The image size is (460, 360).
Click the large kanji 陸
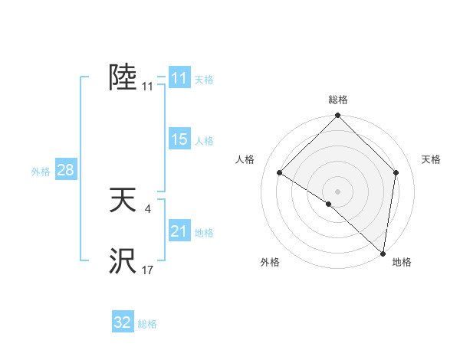[x=123, y=77]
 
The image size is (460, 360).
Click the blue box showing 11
[x=179, y=78]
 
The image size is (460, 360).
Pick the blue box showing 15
[x=179, y=139]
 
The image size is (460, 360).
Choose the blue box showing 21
[x=179, y=231]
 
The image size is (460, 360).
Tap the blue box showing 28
[x=65, y=170]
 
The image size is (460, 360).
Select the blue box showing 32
[x=123, y=322]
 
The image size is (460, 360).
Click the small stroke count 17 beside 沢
[x=147, y=270]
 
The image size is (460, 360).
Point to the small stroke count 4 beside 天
[x=147, y=208]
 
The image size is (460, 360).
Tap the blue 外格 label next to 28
[x=41, y=172]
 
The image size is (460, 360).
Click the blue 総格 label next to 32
[x=147, y=324]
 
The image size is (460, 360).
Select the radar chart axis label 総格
[x=337, y=100]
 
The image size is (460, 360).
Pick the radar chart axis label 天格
[x=431, y=159]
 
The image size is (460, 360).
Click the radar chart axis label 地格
[x=402, y=262]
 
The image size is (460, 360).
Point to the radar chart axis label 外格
[x=270, y=262]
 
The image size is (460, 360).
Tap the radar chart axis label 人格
[x=245, y=159]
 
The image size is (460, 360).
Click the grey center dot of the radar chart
[x=337, y=191]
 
